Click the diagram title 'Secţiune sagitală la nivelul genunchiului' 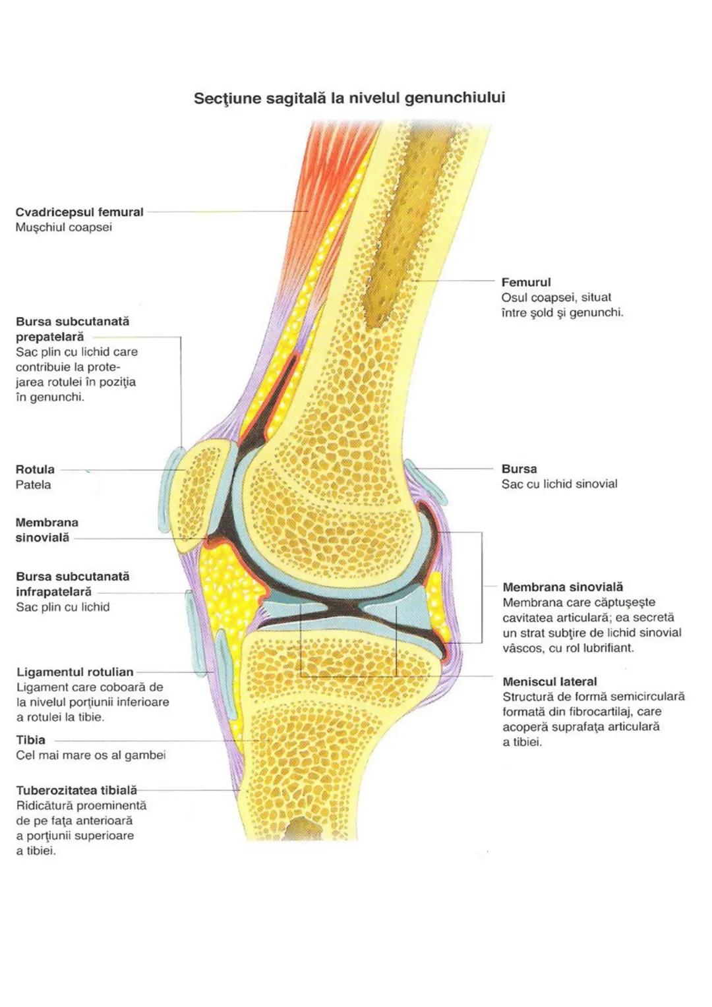pos(349,98)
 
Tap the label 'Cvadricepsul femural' pos(79,212)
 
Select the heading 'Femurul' pos(525,282)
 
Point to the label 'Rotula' pos(35,470)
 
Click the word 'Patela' pos(33,485)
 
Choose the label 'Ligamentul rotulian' pos(74,672)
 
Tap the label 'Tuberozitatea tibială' pos(76,790)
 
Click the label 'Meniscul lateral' pos(549,682)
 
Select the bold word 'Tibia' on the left pos(30,740)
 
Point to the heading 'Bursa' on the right pos(519,469)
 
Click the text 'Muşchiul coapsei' pos(63,227)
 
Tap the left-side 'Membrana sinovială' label pos(46,530)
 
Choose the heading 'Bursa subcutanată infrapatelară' pos(73,584)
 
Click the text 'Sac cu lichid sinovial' pos(559,484)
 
